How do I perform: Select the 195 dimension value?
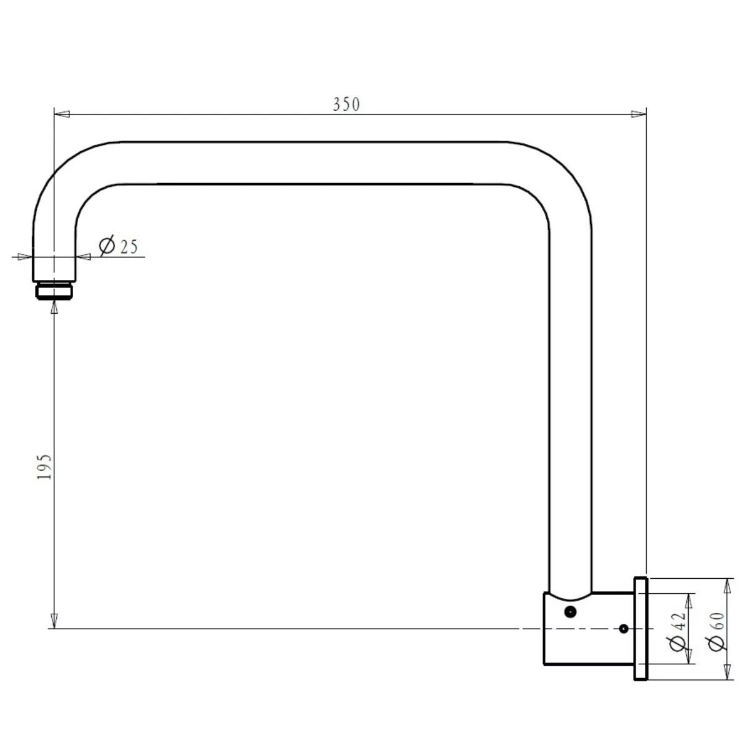tap(44, 467)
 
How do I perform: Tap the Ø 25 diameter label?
tap(118, 246)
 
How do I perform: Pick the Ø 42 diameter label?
tap(678, 631)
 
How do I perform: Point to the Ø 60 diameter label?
tap(716, 631)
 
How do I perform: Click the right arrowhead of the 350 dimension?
tap(638, 114)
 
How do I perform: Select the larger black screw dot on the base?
tap(570, 612)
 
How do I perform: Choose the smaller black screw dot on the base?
tap(623, 629)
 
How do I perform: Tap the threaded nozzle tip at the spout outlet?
tap(54, 291)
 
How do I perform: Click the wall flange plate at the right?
tap(641, 629)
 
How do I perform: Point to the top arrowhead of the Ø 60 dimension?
tap(726, 586)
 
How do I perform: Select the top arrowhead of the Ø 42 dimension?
tap(689, 601)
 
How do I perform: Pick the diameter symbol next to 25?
tap(107, 246)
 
